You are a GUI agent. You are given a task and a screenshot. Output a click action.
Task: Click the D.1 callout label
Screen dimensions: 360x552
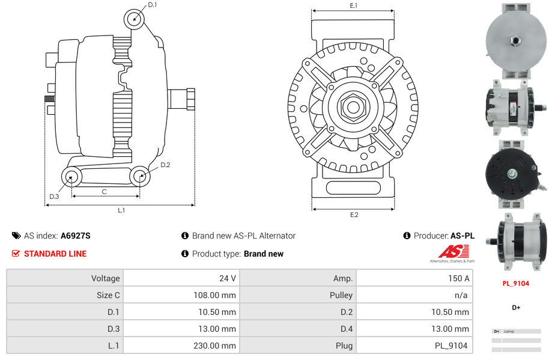click(152, 5)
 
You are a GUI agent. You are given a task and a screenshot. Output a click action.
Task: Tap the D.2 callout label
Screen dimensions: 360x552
click(165, 165)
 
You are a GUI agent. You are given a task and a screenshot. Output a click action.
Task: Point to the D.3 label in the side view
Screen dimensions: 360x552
click(54, 197)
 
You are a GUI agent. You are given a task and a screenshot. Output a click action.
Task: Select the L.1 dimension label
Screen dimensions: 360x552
click(121, 210)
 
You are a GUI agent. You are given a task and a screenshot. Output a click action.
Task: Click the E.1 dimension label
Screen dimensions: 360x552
click(354, 5)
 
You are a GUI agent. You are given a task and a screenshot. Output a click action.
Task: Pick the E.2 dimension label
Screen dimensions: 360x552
click(354, 215)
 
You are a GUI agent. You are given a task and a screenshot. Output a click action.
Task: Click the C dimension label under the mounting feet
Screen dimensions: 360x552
click(105, 192)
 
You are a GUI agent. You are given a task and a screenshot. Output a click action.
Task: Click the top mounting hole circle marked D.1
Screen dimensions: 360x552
click(135, 19)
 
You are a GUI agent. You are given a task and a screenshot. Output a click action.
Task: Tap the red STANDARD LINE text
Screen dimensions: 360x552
click(55, 254)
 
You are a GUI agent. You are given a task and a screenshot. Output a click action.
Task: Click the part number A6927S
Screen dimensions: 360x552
click(76, 236)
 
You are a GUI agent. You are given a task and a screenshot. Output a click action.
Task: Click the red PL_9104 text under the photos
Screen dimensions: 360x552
click(515, 284)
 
